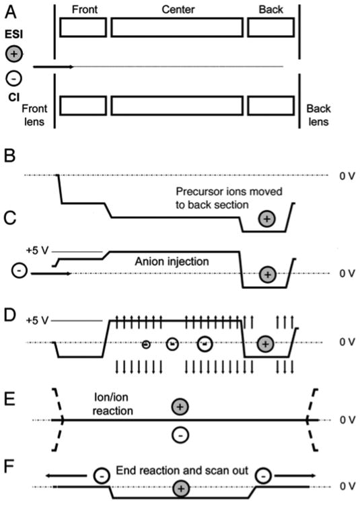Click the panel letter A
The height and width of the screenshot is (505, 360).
(10, 12)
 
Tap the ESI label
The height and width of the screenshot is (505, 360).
(13, 34)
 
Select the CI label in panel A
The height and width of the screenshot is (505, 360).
(14, 97)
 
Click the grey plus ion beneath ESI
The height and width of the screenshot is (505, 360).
(14, 53)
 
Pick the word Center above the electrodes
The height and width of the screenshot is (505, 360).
(178, 9)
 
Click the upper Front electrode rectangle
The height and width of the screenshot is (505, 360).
(83, 28)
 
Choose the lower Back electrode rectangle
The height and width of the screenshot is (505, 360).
(271, 106)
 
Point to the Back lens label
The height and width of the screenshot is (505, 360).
(318, 115)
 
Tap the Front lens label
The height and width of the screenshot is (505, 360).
(34, 115)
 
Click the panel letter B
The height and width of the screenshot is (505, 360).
(10, 156)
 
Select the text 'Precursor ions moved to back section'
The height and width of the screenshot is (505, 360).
(229, 198)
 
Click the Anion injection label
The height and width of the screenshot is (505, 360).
(172, 261)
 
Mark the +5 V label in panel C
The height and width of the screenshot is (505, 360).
(37, 250)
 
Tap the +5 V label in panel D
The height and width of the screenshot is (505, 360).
(37, 321)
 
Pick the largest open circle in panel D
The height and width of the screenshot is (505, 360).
(205, 344)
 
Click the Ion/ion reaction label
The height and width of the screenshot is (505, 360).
(112, 404)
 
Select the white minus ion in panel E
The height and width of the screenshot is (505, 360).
(180, 436)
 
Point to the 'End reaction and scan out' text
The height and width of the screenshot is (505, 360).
(182, 471)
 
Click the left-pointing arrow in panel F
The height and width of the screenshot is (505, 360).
(66, 475)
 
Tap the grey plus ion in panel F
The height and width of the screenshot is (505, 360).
(181, 489)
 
